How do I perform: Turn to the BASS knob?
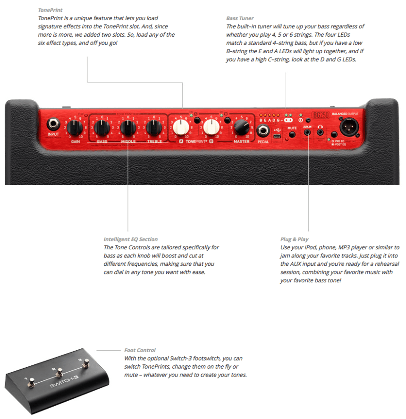pos(101,127)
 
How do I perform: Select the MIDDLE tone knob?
pos(128,127)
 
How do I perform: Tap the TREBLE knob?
pos(154,127)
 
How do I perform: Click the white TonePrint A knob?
pos(181,126)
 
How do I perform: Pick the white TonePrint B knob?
pos(211,126)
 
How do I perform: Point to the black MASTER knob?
pos(241,126)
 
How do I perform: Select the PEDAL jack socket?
pos(263,131)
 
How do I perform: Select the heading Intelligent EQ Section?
pos(131,239)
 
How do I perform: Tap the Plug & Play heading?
pos(294,239)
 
